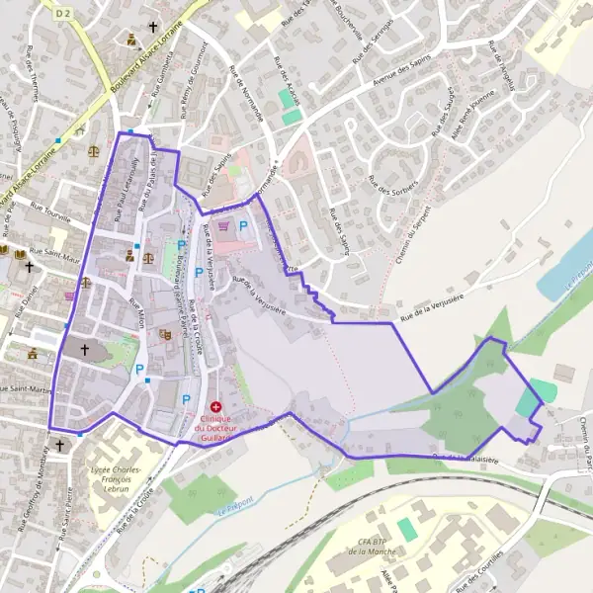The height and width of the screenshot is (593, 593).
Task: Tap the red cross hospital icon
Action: tap(215, 406)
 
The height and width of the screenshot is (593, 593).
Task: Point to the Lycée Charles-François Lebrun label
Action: tap(111, 477)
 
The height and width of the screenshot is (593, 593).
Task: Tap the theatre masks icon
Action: tap(166, 335)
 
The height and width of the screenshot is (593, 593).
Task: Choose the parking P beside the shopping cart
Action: tap(243, 226)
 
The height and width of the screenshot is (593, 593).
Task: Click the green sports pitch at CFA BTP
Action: tap(406, 530)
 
